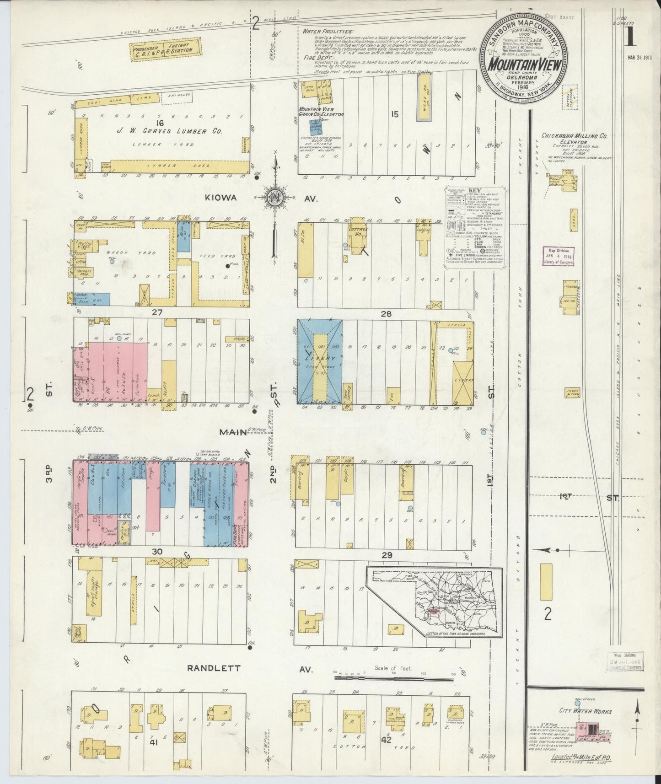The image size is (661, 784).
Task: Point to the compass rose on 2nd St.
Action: [x=276, y=197]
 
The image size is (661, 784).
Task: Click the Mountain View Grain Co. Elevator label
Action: [x=321, y=112]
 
